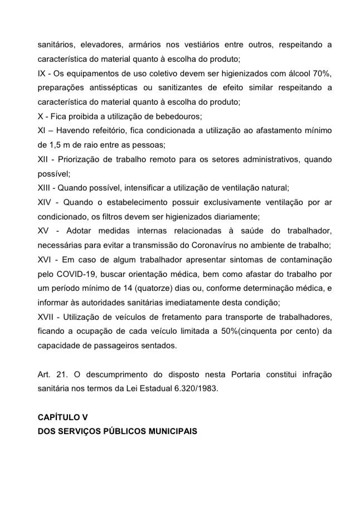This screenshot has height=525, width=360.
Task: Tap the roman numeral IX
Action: tap(42, 73)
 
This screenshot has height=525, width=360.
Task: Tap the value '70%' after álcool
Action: tap(322, 73)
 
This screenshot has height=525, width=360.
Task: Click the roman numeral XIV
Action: tap(44, 201)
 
